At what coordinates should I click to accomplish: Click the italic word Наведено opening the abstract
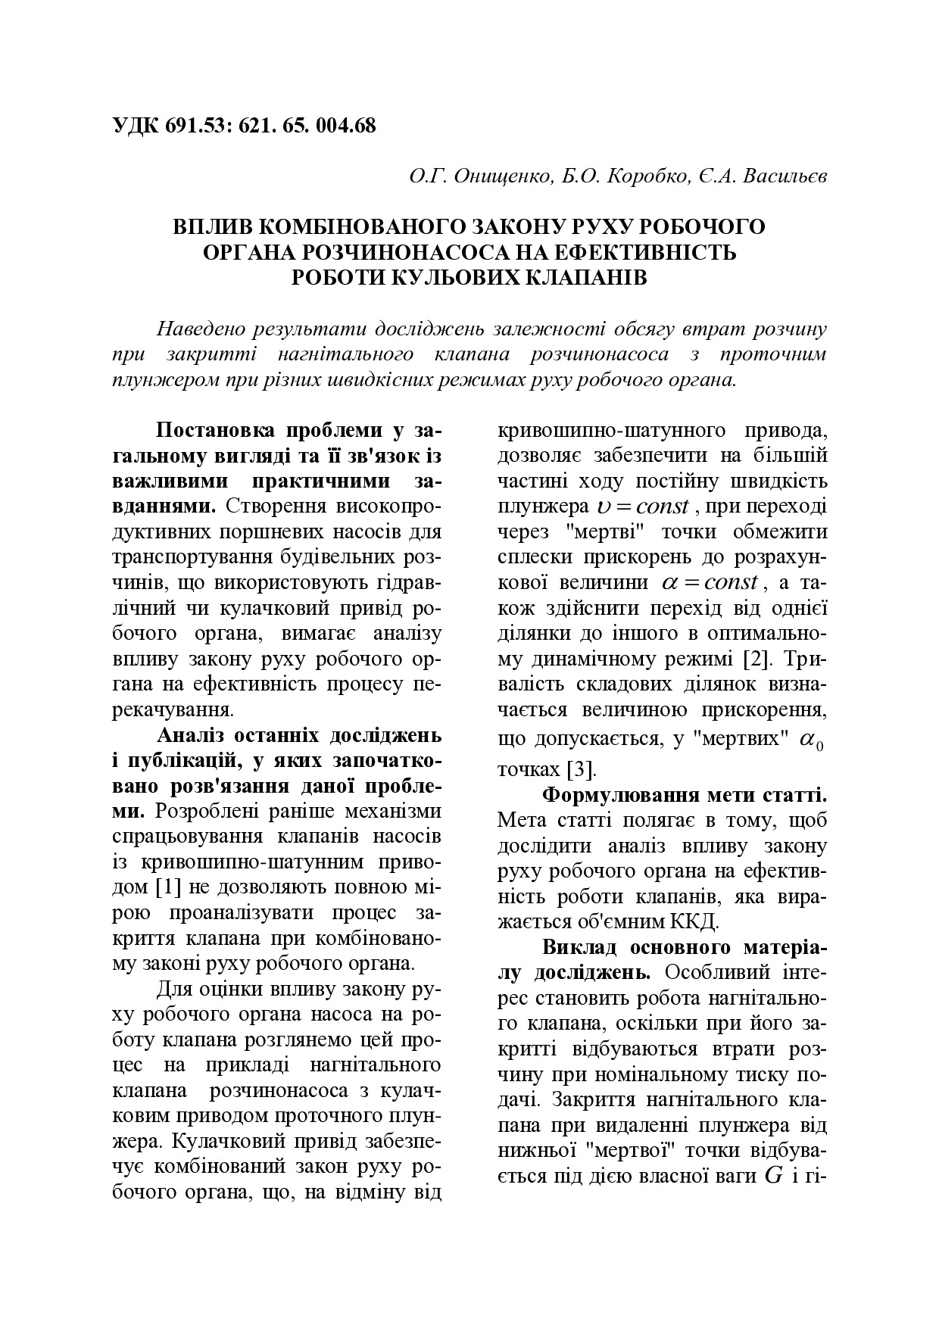(x=195, y=329)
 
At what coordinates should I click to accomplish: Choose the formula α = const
(x=709, y=582)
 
